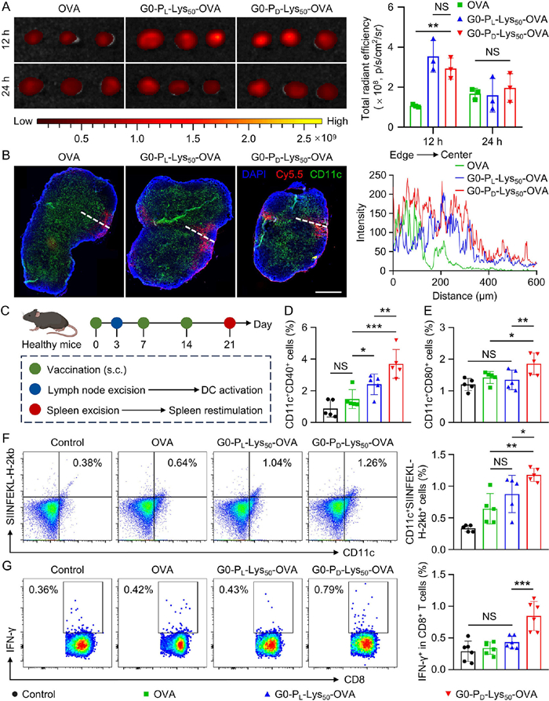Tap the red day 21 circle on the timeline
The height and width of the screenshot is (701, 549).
[229, 322]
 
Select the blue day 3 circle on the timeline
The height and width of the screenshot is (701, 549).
[117, 322]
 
